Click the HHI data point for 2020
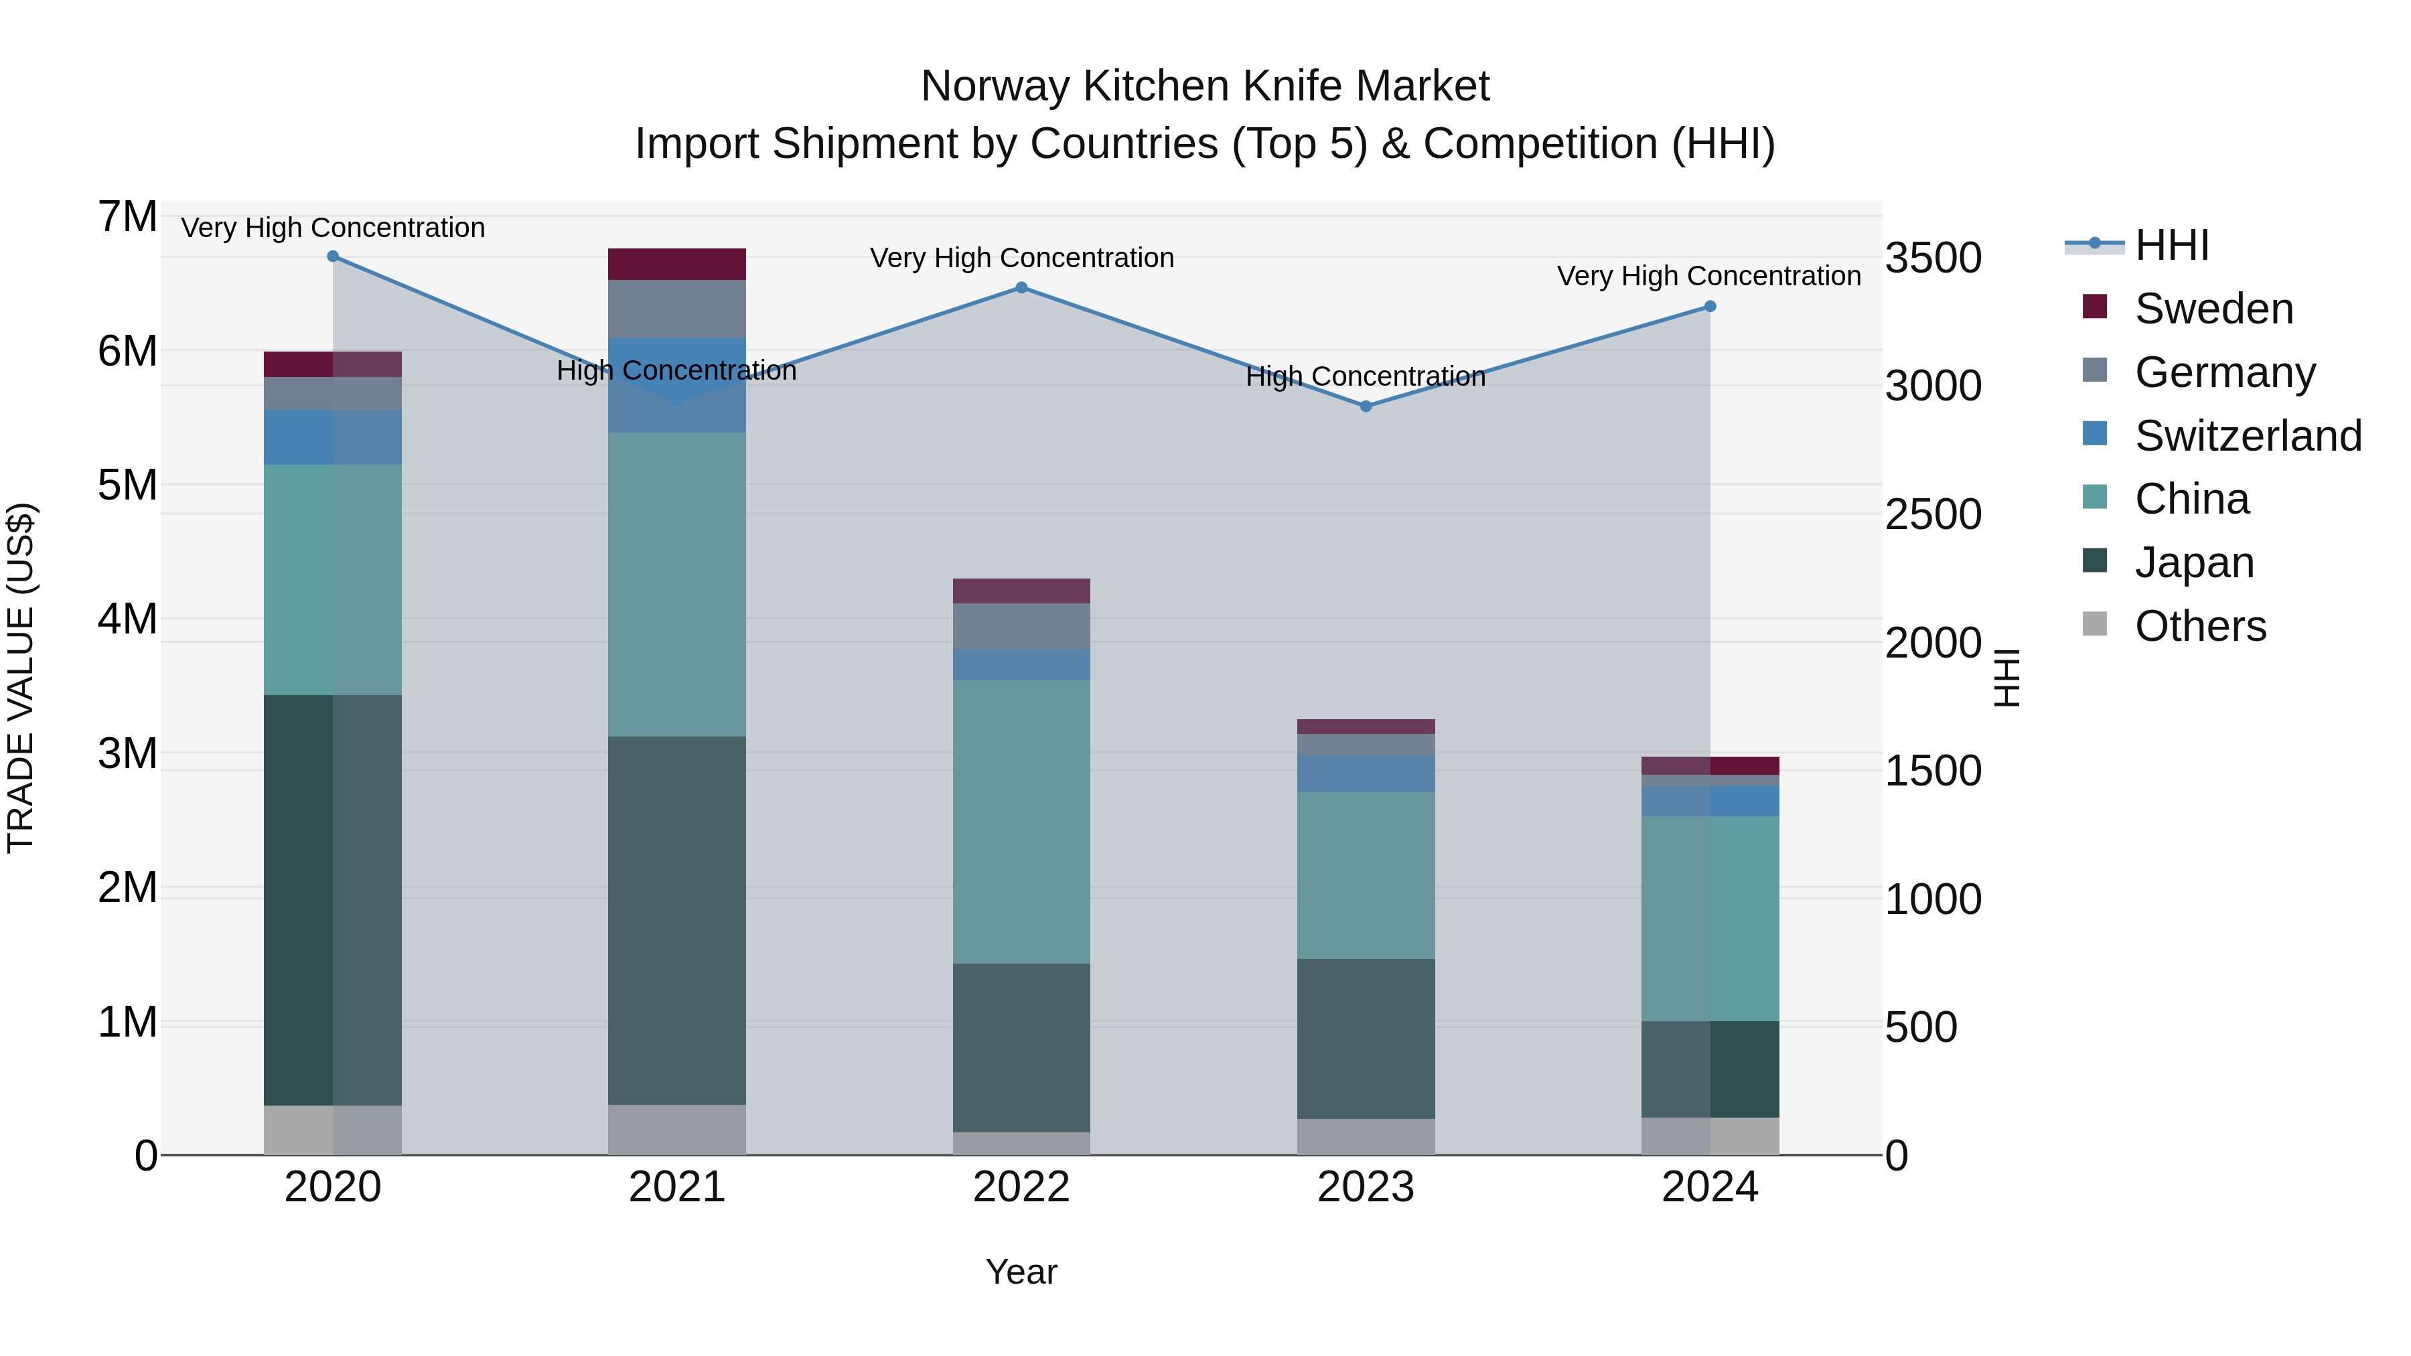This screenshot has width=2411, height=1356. [x=332, y=256]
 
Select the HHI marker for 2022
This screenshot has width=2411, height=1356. [x=1021, y=287]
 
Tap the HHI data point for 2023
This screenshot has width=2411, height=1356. [x=1366, y=406]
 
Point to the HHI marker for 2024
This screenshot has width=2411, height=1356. [x=1710, y=306]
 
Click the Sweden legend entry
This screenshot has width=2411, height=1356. [x=2213, y=309]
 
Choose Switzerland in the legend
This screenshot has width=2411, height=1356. [x=2247, y=436]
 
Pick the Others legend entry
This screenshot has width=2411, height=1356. [x=2199, y=626]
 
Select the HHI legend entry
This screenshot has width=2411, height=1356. [x=2171, y=245]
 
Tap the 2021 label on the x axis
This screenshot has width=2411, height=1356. [x=676, y=1187]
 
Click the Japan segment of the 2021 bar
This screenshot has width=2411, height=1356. [x=676, y=920]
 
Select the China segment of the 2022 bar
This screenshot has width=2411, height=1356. [x=1021, y=822]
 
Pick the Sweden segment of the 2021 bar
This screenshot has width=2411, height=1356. [x=676, y=264]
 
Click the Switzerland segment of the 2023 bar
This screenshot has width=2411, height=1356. [x=1366, y=774]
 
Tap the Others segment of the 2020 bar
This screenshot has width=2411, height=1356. [x=332, y=1130]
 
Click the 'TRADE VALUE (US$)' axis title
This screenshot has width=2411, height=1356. [x=21, y=678]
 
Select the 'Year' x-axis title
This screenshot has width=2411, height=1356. [x=1021, y=1272]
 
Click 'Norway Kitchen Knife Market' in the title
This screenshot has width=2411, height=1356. [x=1205, y=86]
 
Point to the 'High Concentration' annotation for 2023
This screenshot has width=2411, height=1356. [x=1366, y=376]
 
